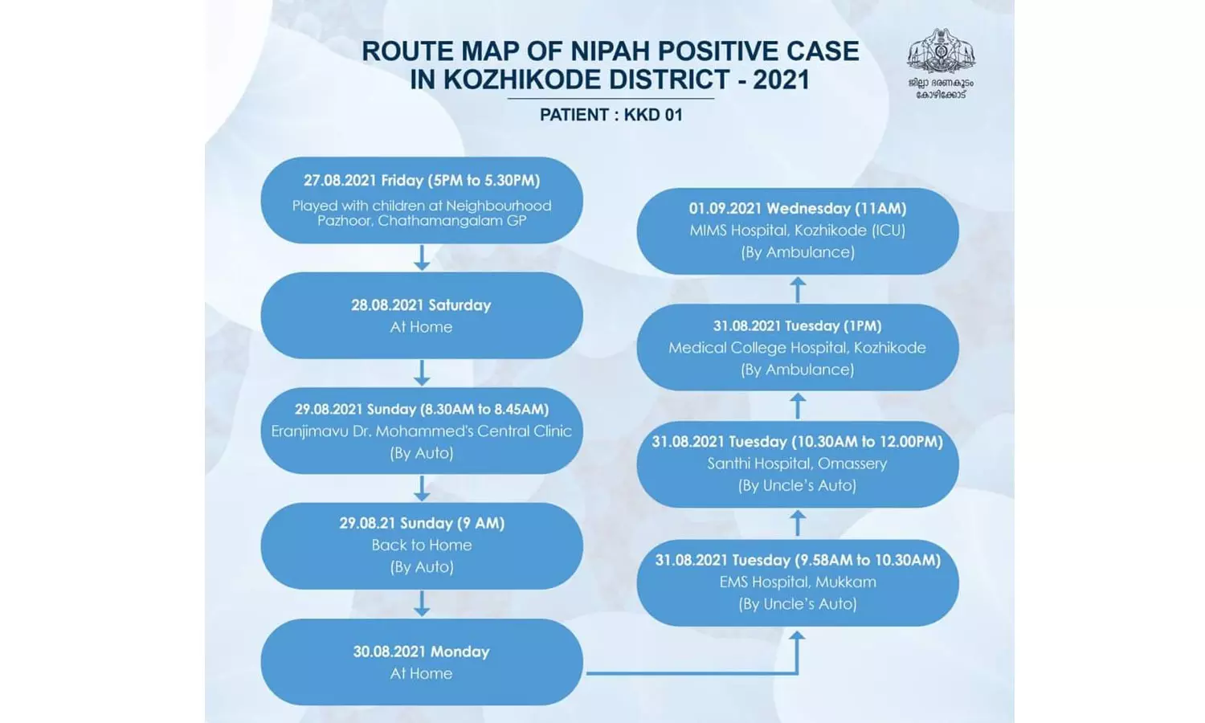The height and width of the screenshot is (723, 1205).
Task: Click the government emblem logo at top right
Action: pyautogui.click(x=941, y=53)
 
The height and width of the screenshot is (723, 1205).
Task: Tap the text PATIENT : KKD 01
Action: pyautogui.click(x=611, y=115)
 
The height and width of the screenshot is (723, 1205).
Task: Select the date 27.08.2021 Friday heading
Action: pyautogui.click(x=422, y=181)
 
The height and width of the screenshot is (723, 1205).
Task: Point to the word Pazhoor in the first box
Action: pyautogui.click(x=345, y=220)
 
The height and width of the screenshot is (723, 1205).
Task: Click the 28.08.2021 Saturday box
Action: pyautogui.click(x=422, y=315)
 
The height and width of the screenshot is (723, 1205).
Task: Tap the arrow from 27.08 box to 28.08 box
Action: pyautogui.click(x=422, y=257)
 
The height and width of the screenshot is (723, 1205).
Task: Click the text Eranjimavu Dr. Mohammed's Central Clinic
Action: pyautogui.click(x=422, y=431)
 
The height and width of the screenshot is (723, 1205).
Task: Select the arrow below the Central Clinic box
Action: pyautogui.click(x=422, y=488)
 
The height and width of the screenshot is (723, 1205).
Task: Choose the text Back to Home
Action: pyautogui.click(x=422, y=545)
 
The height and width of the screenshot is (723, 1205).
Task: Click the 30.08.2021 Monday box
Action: pyautogui.click(x=422, y=662)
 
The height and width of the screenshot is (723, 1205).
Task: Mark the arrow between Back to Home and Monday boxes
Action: pyautogui.click(x=422, y=603)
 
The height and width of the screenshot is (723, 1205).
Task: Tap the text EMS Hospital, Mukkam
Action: pyautogui.click(x=798, y=582)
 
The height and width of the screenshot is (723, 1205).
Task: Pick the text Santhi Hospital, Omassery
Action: pyautogui.click(x=798, y=464)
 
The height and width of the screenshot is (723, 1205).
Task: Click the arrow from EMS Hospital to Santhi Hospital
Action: pyautogui.click(x=798, y=524)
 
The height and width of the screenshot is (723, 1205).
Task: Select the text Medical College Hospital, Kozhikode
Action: pyautogui.click(x=798, y=348)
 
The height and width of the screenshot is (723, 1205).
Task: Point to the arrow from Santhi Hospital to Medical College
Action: pyautogui.click(x=798, y=406)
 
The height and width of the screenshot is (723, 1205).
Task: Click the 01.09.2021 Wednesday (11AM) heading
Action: pyautogui.click(x=798, y=209)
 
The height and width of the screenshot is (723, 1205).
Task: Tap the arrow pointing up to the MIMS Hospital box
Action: pyautogui.click(x=798, y=289)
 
